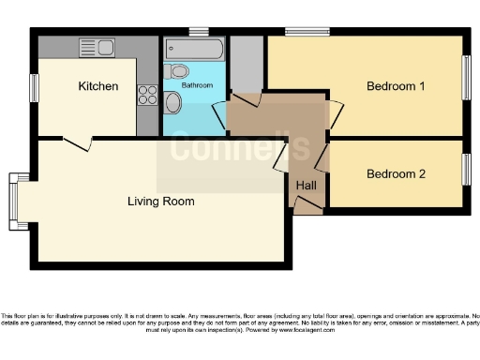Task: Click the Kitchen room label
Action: (98, 86)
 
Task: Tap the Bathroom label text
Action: (198, 86)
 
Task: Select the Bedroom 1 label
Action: (396, 86)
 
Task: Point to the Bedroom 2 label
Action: (396, 173)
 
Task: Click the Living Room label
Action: (161, 201)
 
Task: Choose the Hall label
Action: (307, 185)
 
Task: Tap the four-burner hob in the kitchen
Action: (147, 94)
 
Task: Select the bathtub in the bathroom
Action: (194, 47)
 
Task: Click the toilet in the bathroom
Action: (178, 71)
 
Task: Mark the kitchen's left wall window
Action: (33, 87)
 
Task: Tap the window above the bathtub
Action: (198, 32)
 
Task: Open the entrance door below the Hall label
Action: (307, 209)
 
